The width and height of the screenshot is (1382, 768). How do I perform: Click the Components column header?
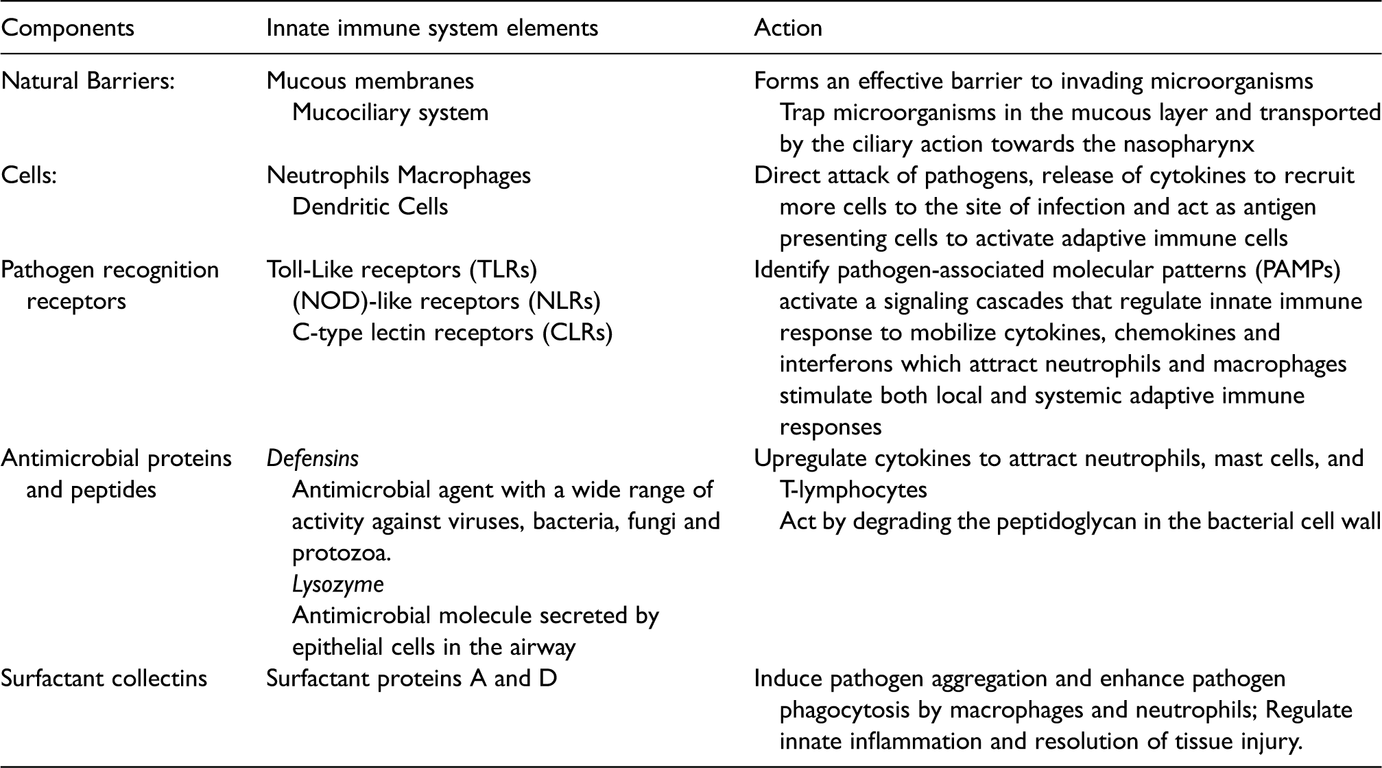(x=67, y=29)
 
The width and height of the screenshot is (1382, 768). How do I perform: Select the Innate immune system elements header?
(x=432, y=28)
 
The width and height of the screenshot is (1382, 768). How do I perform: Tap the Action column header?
(x=788, y=28)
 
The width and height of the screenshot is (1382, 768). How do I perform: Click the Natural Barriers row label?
(x=88, y=81)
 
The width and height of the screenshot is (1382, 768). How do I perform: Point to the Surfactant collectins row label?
(x=104, y=679)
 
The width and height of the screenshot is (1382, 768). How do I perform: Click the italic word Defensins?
(x=313, y=458)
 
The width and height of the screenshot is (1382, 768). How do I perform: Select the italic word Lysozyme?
(x=338, y=585)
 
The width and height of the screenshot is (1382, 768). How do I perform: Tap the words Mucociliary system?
(x=390, y=113)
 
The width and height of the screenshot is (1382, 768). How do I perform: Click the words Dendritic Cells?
(x=370, y=207)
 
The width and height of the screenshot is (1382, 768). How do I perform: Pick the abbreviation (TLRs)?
(x=503, y=270)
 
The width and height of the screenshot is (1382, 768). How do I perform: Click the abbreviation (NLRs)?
(x=567, y=301)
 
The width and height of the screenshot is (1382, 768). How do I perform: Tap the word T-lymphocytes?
(x=853, y=490)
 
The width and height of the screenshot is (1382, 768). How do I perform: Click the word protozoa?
(x=342, y=554)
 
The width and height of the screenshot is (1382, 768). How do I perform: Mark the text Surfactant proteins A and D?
(x=412, y=679)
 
